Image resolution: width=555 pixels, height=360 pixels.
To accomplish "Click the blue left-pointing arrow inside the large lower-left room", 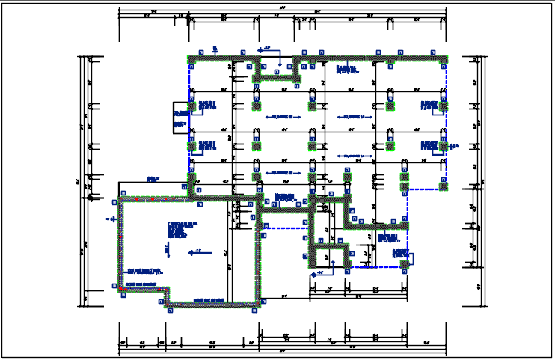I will pos(194,252).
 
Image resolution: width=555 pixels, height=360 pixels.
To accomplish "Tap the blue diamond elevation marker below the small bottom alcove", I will pos(319,274).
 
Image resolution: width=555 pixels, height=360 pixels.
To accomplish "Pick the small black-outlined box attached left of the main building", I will pos(180,118).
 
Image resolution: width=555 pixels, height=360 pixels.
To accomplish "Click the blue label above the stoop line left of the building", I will pos(153,179).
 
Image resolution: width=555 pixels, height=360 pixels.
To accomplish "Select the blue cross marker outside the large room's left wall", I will pos(109,219).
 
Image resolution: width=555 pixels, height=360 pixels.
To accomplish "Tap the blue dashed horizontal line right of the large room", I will pos(284,228).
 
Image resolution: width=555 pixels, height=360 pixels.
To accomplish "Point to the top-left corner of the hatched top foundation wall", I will pos(189,57).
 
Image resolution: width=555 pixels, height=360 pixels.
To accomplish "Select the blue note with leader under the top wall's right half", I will pos(347,69).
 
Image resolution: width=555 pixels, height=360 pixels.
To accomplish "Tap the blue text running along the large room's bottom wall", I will pos(209,301).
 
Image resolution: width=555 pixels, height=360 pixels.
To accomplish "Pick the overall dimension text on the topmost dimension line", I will pos(282,8).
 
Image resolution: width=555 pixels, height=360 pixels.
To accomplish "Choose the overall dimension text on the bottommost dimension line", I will pos(282,351).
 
